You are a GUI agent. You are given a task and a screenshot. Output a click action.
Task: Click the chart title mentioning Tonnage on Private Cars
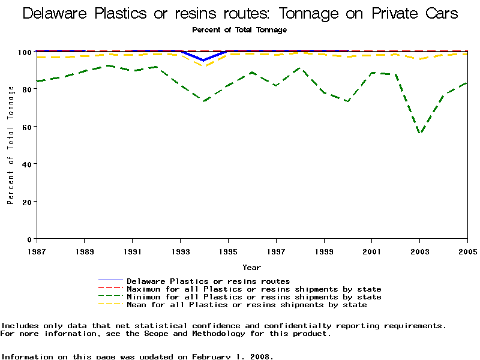point(240,13)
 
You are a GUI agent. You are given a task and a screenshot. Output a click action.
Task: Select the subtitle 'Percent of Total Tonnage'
point(239,29)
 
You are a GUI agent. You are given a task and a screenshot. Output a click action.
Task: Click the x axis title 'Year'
point(251,267)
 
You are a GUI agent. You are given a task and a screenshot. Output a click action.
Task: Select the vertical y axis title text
point(11,145)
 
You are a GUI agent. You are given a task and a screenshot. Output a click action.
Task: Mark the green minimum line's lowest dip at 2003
point(420,133)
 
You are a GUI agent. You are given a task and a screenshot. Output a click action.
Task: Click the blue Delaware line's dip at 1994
point(204,61)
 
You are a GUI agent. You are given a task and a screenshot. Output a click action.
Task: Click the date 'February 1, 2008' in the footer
point(232,356)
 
